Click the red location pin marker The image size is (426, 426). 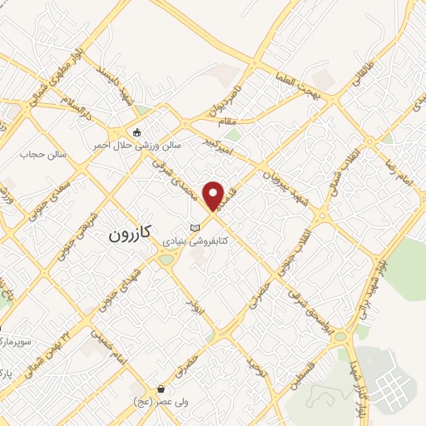(215, 196)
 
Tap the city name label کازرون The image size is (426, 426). (131, 235)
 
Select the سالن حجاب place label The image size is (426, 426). (43, 154)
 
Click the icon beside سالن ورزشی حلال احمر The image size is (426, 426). (137, 132)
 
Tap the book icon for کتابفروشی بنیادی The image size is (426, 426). (196, 227)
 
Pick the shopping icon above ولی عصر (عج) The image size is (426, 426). (161, 389)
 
